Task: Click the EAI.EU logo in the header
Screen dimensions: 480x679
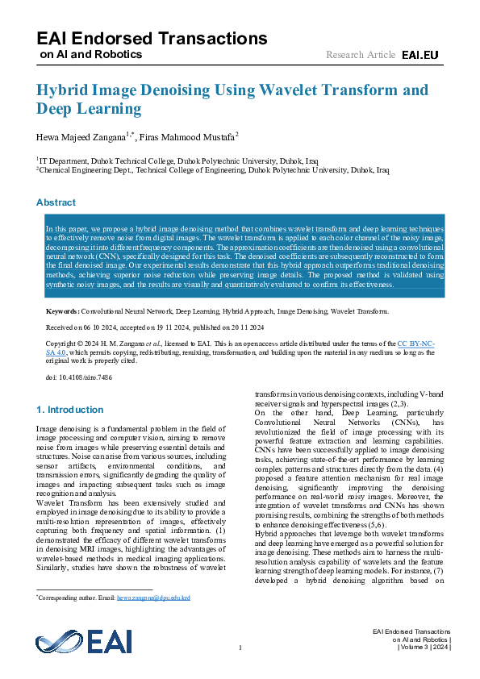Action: [x=420, y=55]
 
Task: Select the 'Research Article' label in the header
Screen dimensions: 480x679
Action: [x=361, y=55]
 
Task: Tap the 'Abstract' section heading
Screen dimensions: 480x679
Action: [x=56, y=202]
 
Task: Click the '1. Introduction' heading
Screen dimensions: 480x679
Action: [x=70, y=410]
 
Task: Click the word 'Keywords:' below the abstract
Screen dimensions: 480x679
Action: [x=62, y=310]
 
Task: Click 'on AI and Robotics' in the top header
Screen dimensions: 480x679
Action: [x=90, y=55]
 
